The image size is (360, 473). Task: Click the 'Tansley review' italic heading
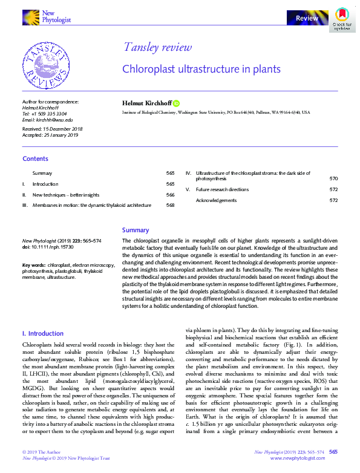coord(157,48)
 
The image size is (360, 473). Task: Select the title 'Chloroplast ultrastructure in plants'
coord(201,69)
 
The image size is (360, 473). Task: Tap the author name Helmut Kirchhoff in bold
coord(146,103)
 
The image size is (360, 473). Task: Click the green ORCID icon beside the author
coord(177,103)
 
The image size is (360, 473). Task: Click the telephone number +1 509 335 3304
coord(49,114)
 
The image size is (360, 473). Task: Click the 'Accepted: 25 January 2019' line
coord(49,135)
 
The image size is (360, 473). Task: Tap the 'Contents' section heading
coord(35,158)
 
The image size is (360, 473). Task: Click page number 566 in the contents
coord(170,195)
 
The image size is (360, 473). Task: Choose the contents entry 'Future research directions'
coord(222,189)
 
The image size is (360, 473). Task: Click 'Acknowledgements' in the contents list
coord(216,200)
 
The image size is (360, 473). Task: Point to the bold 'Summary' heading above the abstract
coord(135,230)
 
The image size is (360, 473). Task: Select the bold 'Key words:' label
coord(34,265)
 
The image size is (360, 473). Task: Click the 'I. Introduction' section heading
coord(42,333)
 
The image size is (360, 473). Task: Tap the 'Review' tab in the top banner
coord(307,19)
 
